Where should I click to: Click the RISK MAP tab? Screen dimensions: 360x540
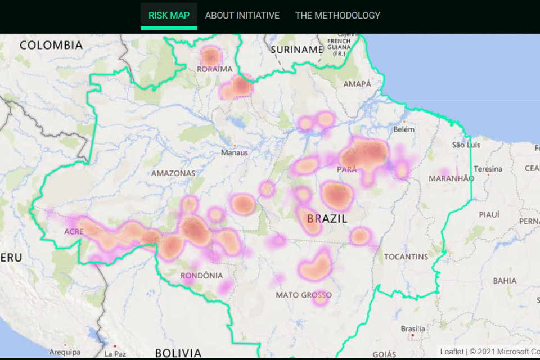169,15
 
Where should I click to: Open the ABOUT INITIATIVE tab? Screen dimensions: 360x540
242,15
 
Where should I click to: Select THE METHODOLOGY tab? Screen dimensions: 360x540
337,15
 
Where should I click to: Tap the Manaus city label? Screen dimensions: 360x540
234,152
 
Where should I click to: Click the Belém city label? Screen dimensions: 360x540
404,129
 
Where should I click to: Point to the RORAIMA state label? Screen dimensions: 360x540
214,69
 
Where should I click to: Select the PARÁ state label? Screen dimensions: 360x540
347,169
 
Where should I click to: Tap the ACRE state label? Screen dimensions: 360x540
74,232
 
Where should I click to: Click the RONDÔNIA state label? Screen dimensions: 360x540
201,276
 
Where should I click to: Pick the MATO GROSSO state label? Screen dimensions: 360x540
304,295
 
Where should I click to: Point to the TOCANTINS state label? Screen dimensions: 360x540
406,257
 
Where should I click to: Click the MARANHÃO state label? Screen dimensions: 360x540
451,178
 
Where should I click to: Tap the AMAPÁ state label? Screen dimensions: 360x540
357,84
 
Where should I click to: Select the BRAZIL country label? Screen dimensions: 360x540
327,218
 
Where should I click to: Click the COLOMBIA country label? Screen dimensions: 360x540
51,45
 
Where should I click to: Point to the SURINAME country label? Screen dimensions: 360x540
296,49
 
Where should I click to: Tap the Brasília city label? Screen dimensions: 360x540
413,328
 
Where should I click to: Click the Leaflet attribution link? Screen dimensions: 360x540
452,352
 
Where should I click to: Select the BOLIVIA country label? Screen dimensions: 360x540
178,353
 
